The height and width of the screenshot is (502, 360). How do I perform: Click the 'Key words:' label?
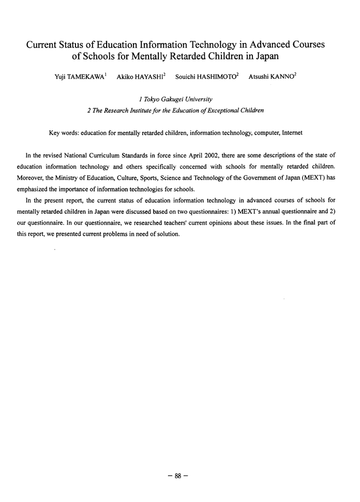click(64, 133)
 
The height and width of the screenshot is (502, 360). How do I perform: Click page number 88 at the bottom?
click(179, 476)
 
